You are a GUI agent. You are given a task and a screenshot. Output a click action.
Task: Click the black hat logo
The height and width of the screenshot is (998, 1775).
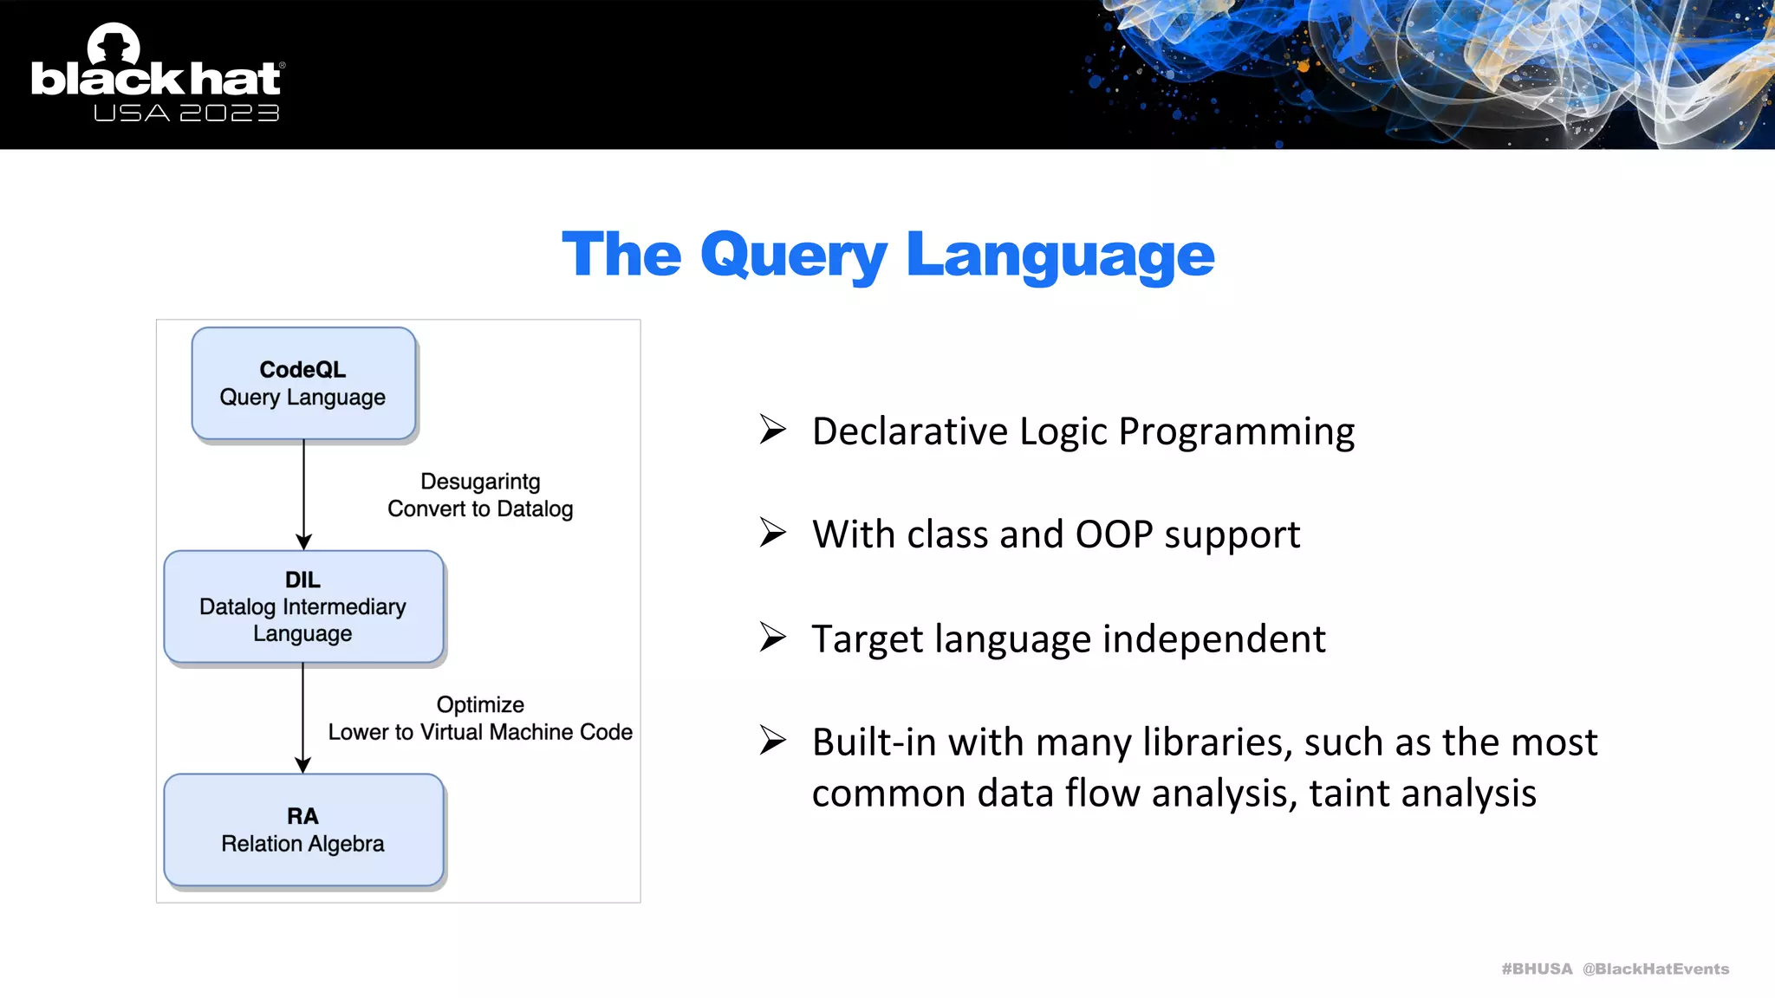coord(156,69)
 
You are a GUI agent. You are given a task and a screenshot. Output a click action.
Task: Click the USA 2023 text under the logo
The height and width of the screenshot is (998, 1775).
coord(186,113)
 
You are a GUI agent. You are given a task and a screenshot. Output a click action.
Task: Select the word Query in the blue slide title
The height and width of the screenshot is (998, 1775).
coord(793,256)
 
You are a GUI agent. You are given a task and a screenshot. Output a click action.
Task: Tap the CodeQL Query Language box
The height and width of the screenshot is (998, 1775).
coord(303,383)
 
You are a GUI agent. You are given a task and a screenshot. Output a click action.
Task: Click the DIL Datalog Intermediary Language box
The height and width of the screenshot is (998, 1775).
coord(303,606)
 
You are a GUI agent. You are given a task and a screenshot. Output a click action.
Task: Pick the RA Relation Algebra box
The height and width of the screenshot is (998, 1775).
coord(303,829)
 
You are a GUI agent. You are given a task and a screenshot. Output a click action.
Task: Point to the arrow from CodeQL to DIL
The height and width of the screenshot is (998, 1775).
coord(303,494)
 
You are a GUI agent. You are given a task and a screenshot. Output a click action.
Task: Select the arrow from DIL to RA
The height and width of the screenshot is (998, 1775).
coord(302,717)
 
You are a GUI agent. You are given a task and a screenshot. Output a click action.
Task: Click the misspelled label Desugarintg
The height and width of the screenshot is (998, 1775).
coord(480,482)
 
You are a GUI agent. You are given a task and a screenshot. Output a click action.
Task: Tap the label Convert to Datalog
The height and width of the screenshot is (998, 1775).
coord(480,509)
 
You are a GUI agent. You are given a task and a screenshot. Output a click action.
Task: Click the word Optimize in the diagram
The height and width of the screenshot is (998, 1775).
coord(480,704)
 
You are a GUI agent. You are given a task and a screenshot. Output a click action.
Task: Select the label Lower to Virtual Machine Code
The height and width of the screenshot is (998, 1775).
coord(480,732)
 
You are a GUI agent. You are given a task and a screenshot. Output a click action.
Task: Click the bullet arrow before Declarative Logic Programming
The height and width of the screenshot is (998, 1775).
coord(772,429)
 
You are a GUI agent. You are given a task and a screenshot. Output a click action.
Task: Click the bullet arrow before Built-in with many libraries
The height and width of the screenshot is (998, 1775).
coord(772,740)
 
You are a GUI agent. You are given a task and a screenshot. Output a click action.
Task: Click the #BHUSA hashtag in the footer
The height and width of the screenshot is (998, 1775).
coord(1537,969)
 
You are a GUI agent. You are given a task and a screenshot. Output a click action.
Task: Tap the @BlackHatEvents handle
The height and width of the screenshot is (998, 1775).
coord(1655,969)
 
